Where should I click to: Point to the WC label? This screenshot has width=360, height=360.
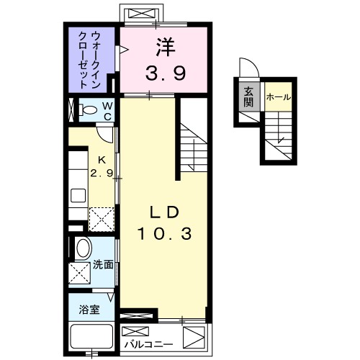coord(107,112)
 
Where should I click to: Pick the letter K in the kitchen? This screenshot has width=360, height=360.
coord(103,161)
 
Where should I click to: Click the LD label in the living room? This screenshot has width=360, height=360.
coord(164,211)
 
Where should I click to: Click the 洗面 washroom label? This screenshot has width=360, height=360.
coord(103,264)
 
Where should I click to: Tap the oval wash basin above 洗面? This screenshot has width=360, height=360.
coord(83,249)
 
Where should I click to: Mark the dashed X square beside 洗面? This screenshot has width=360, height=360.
coord(80,273)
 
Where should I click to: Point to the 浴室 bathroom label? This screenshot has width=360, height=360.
coord(89,310)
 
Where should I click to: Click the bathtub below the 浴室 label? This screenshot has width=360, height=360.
coord(90,337)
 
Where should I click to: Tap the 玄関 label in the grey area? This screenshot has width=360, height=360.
coord(248,96)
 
